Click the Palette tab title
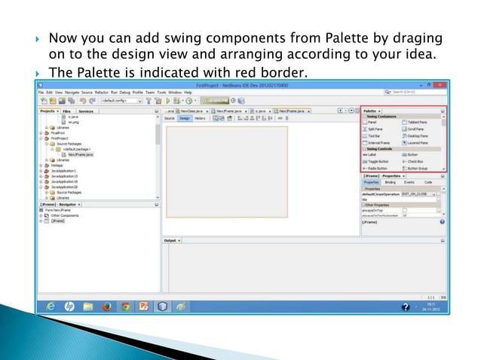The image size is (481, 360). (x=369, y=111)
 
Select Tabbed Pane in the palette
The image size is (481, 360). (x=417, y=122)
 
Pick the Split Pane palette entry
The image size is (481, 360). (x=372, y=129)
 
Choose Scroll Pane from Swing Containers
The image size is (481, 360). (x=415, y=129)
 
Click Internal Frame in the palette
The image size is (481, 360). (x=375, y=142)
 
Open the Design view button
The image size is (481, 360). (x=184, y=118)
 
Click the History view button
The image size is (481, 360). (x=200, y=118)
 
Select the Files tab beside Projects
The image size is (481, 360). (x=66, y=111)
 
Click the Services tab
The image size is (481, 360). (x=86, y=111)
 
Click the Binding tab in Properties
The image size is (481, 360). (x=390, y=182)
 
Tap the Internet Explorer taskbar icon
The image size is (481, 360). (x=51, y=307)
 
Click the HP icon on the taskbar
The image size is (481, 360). (x=69, y=307)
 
